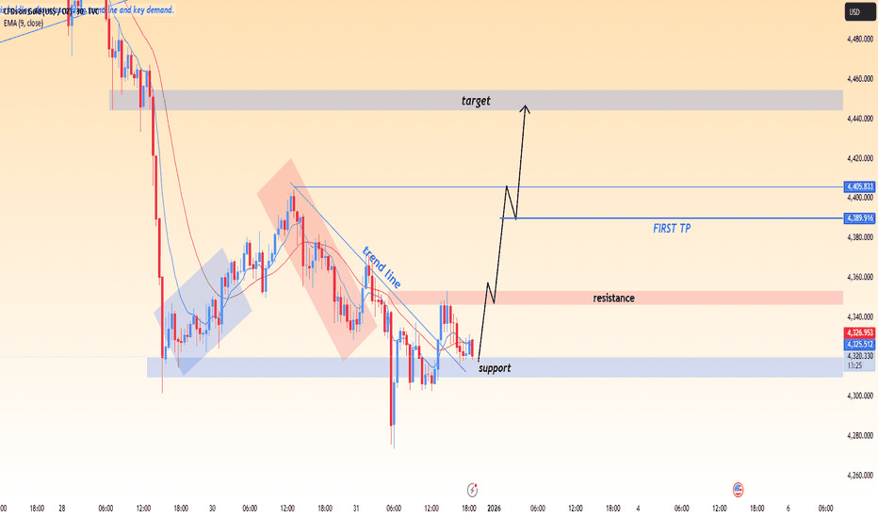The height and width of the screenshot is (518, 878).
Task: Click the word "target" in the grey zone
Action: pyautogui.click(x=476, y=100)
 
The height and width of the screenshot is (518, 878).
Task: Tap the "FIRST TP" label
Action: pyautogui.click(x=671, y=229)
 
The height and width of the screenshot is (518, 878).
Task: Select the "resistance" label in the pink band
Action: pyautogui.click(x=613, y=298)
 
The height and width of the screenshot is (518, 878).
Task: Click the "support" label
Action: pyautogui.click(x=495, y=368)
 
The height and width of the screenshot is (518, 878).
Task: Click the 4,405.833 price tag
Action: pyautogui.click(x=860, y=187)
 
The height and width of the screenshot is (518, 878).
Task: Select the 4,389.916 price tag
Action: pyautogui.click(x=860, y=218)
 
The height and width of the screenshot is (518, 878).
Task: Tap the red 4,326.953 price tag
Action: pyautogui.click(x=860, y=333)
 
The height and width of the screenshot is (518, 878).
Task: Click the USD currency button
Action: pyautogui.click(x=855, y=12)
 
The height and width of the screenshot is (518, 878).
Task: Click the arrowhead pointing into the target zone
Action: pyautogui.click(x=526, y=109)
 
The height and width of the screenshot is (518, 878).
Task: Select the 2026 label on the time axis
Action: pyautogui.click(x=494, y=509)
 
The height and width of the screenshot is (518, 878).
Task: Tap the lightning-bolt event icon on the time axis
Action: pyautogui.click(x=473, y=490)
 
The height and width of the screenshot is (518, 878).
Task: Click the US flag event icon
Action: pyautogui.click(x=739, y=490)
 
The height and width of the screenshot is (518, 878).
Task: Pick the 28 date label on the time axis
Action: pyautogui.click(x=62, y=509)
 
